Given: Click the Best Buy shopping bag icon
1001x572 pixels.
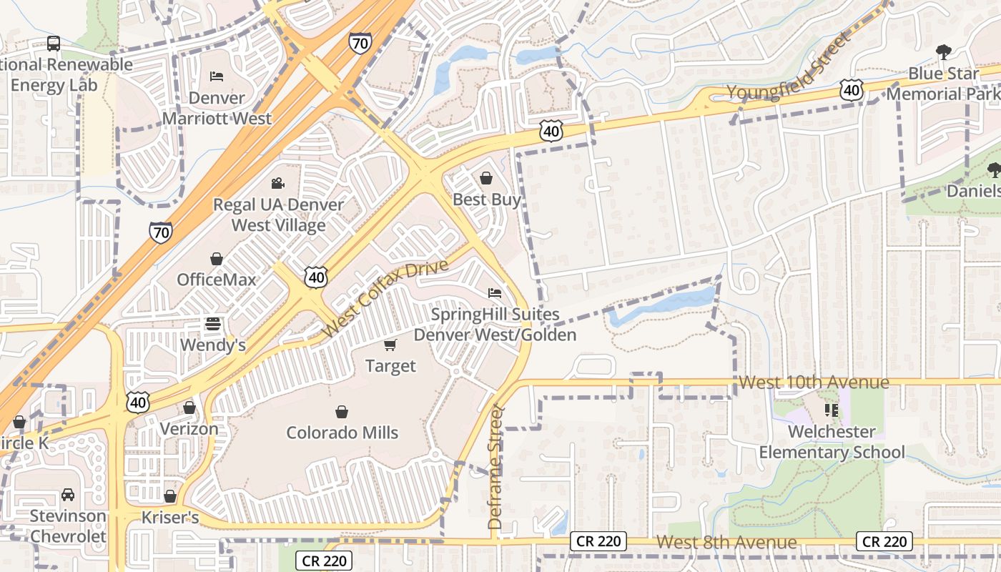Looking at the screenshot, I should pyautogui.click(x=486, y=178).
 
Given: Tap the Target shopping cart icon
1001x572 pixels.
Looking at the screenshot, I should pyautogui.click(x=390, y=345).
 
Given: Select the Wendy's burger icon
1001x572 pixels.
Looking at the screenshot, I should pyautogui.click(x=212, y=324).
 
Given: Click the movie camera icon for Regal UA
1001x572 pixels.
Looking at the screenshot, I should pyautogui.click(x=278, y=184).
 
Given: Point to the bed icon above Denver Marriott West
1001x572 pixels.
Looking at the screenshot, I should pyautogui.click(x=217, y=76).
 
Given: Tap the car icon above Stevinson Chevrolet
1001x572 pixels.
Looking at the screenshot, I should pyautogui.click(x=67, y=495).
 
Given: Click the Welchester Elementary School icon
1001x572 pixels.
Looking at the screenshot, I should pyautogui.click(x=831, y=410).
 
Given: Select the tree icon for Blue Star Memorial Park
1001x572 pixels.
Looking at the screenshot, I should pyautogui.click(x=943, y=51).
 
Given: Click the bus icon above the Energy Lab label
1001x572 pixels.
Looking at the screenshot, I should pyautogui.click(x=54, y=44).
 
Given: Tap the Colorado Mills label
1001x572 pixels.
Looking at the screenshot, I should pyautogui.click(x=342, y=433).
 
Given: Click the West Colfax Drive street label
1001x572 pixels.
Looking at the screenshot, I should pyautogui.click(x=385, y=298).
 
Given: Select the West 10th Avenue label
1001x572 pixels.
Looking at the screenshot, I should pyautogui.click(x=814, y=382).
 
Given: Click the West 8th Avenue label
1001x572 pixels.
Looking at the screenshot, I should pyautogui.click(x=726, y=542).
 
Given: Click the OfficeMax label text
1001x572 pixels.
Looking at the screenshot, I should pyautogui.click(x=216, y=280).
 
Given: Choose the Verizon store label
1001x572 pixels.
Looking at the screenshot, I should pyautogui.click(x=189, y=429).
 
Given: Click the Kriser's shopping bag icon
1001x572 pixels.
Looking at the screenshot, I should pyautogui.click(x=170, y=496).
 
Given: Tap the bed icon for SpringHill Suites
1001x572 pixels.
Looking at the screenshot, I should pyautogui.click(x=494, y=292).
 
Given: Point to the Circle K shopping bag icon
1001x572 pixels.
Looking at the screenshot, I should pyautogui.click(x=19, y=423).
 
